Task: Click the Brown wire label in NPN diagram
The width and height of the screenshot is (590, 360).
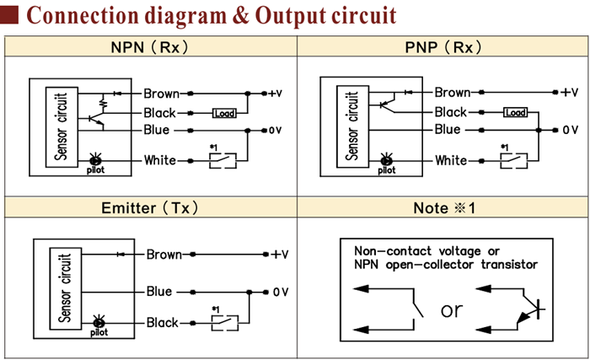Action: point(160,93)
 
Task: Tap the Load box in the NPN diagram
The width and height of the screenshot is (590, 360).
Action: point(224,113)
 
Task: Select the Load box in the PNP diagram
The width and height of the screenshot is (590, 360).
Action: point(515,113)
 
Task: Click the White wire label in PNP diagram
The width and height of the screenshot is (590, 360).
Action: point(450,160)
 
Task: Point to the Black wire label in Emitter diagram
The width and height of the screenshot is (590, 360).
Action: point(163,322)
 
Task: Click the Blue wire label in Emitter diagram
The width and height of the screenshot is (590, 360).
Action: point(158,292)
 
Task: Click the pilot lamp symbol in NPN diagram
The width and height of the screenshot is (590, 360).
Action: point(94,159)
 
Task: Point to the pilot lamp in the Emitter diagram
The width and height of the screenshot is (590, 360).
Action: point(99,321)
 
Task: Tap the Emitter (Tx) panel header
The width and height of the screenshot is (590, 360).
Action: point(149,207)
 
